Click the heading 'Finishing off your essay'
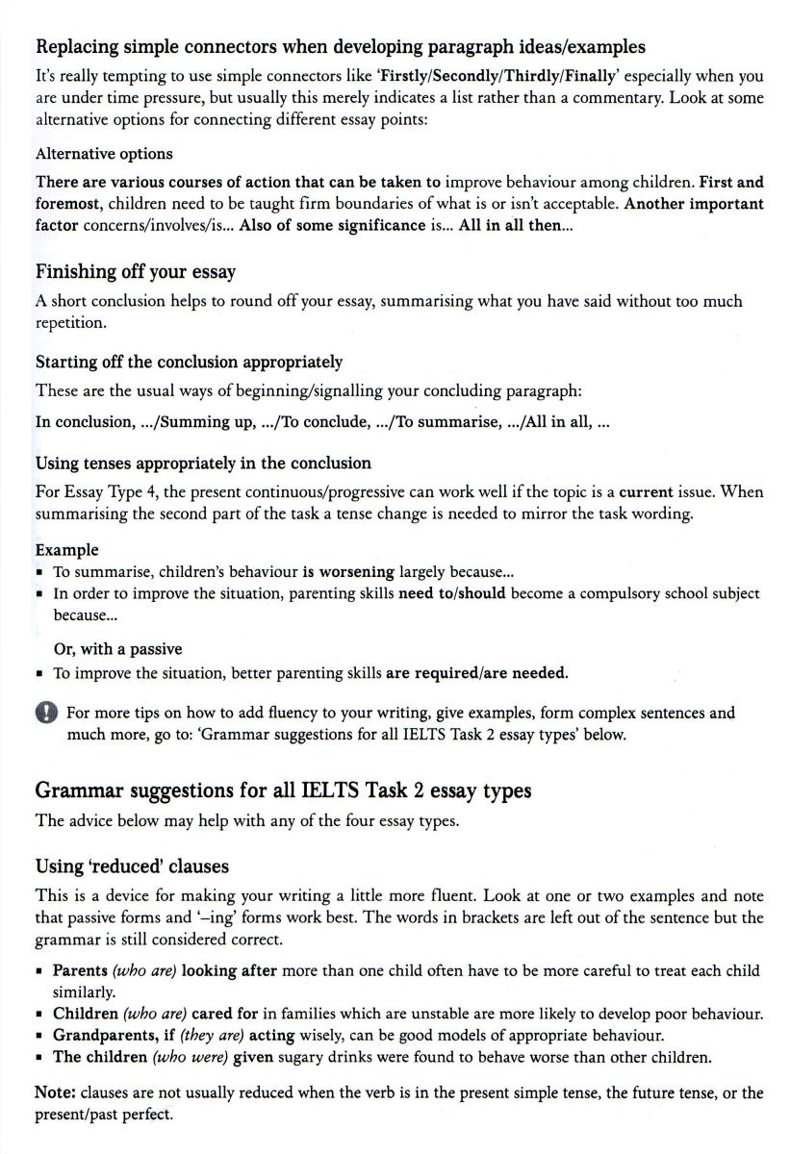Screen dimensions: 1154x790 (x=135, y=272)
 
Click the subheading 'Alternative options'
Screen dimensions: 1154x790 (x=104, y=154)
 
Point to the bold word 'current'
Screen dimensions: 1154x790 (x=646, y=492)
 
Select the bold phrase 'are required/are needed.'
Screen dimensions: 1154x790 (x=476, y=672)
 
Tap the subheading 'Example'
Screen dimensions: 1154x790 (x=66, y=550)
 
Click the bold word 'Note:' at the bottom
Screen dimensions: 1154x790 (x=56, y=1093)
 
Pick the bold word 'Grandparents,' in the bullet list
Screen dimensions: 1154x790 (x=102, y=1036)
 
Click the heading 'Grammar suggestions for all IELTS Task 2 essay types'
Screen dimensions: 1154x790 (x=283, y=790)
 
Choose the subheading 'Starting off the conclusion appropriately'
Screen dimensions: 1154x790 (x=189, y=363)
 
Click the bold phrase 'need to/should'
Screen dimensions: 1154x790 (x=451, y=593)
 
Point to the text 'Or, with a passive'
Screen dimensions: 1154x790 (x=117, y=649)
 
